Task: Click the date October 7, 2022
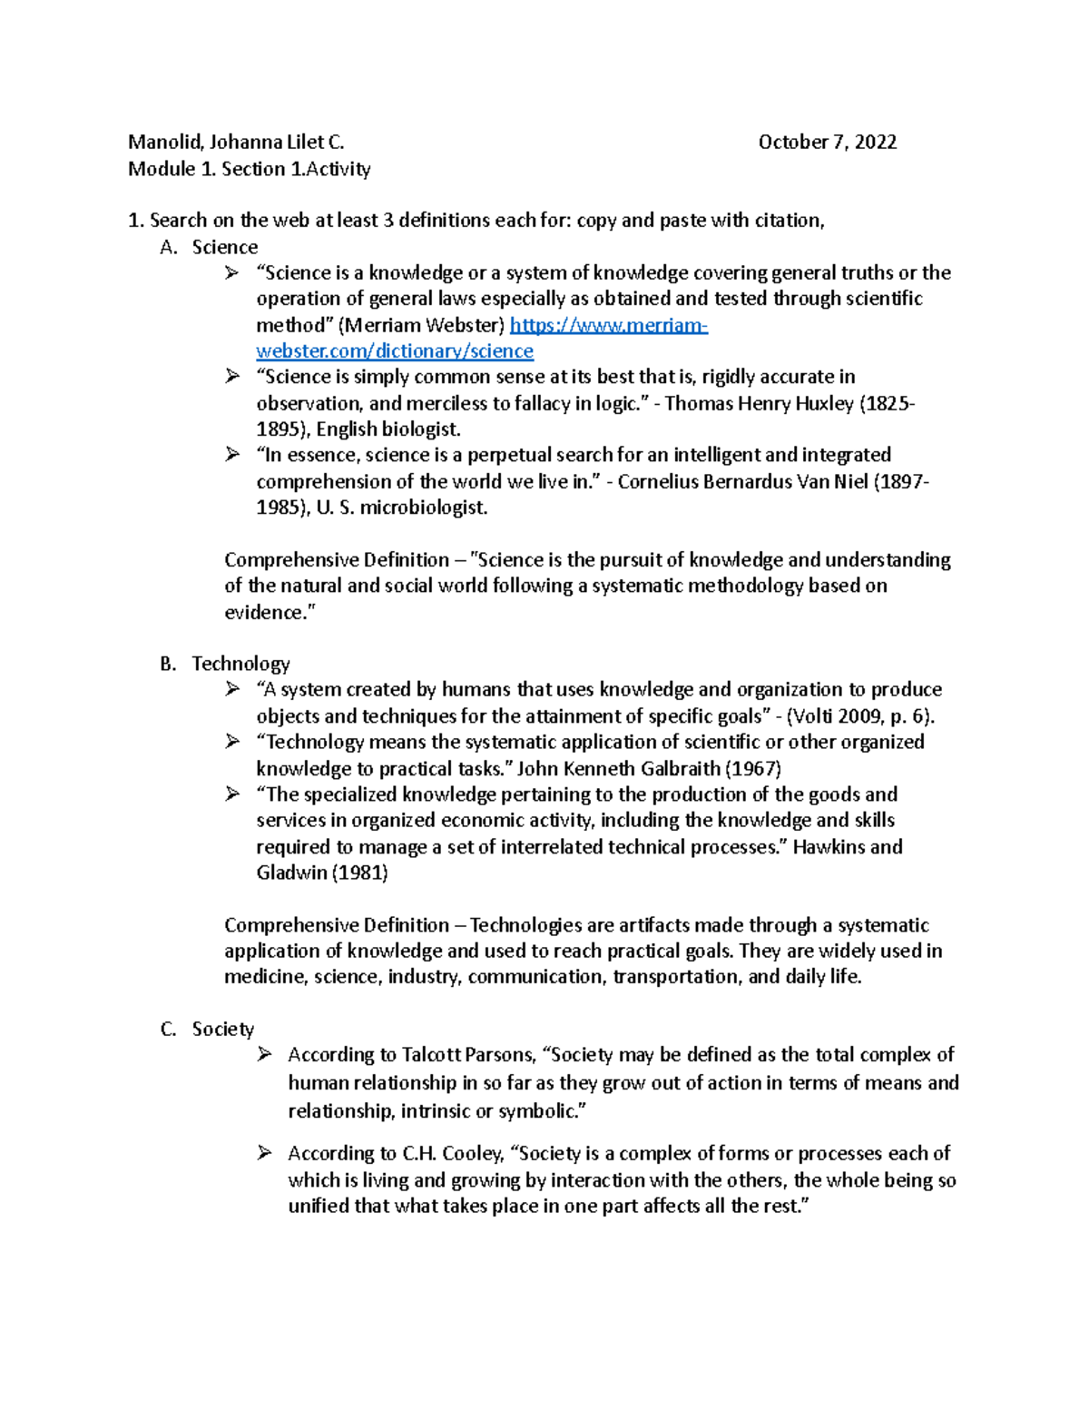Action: tap(827, 143)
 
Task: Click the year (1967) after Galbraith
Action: tap(753, 769)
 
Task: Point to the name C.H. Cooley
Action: tap(452, 1154)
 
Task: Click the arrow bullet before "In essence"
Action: tap(232, 455)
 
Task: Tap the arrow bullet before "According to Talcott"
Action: tap(264, 1054)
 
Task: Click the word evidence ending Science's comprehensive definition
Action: tap(264, 613)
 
